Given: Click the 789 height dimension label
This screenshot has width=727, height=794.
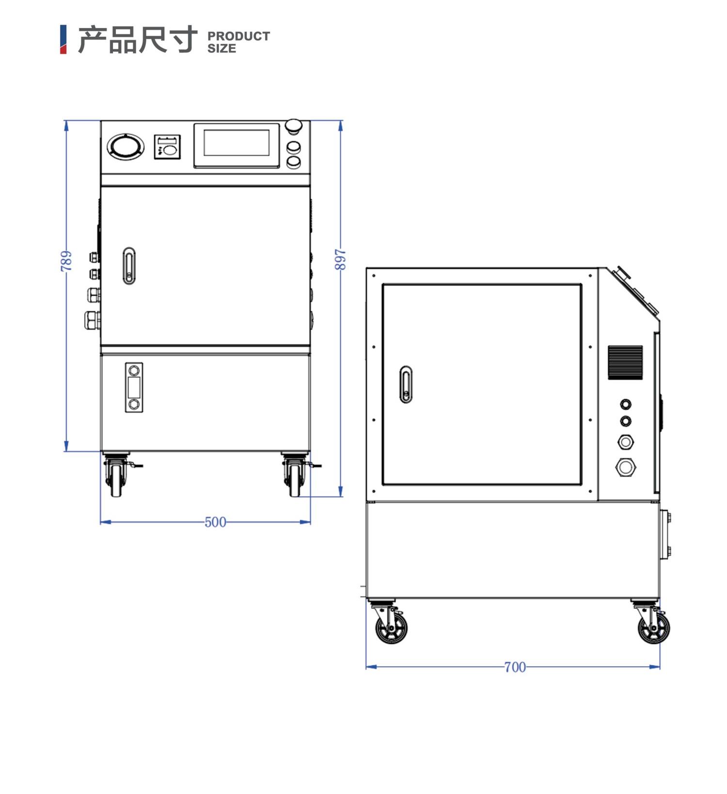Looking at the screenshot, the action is point(66,261).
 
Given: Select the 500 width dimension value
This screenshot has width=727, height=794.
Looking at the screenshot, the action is point(215,522).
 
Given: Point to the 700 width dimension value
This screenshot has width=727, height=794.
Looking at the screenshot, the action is point(515,667).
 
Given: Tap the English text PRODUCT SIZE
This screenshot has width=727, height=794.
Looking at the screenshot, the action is point(238,42).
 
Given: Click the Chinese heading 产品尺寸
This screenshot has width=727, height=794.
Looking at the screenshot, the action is point(138,40).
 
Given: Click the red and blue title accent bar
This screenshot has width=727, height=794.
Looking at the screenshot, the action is point(63,40).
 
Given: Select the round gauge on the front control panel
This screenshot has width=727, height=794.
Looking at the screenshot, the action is point(126,146).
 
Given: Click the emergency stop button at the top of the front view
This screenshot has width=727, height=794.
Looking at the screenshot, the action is point(293,126).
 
